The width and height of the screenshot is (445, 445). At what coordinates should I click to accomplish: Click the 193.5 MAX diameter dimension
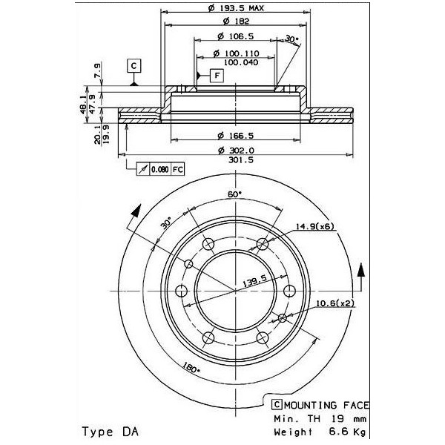(x=236, y=8)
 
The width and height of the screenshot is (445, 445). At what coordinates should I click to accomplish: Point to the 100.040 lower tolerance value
(x=241, y=62)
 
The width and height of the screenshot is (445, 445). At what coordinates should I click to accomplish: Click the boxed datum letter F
(x=217, y=76)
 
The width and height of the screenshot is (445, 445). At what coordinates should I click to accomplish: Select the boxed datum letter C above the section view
(x=134, y=66)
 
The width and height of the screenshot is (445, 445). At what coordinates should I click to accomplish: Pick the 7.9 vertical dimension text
(x=97, y=70)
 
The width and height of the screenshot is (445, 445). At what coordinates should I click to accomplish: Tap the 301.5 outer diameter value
(x=241, y=160)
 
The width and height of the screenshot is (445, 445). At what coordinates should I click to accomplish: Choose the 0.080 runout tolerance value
(x=160, y=170)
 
